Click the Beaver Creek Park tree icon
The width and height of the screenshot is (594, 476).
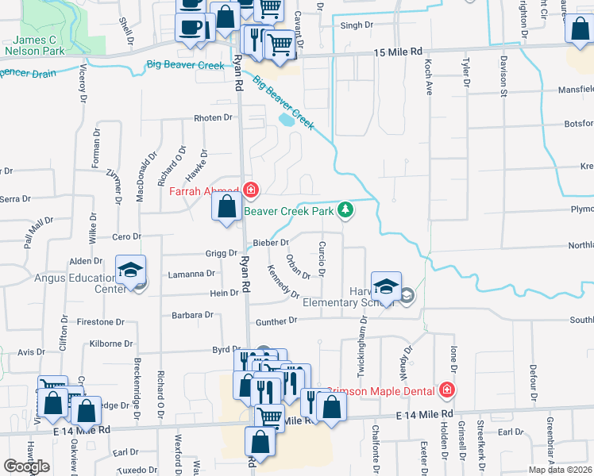pos(345,210)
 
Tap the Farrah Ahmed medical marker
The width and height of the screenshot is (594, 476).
pos(251,190)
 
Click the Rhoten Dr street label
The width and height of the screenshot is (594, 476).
pos(213,118)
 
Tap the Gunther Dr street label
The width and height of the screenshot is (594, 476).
pos(276,321)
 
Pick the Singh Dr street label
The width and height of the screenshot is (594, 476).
pos(357,25)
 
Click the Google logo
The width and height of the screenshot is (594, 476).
pos(26,466)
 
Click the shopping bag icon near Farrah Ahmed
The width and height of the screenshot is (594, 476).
pos(227,207)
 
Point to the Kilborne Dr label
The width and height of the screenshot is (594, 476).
pos(111,344)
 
